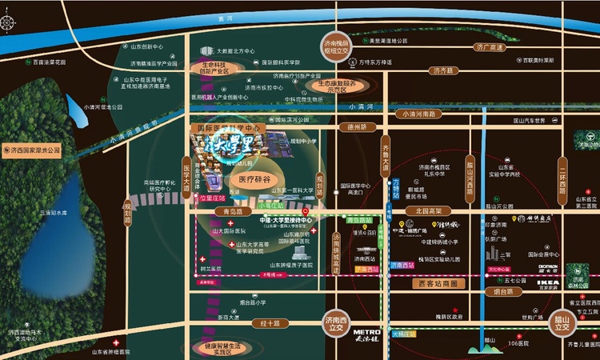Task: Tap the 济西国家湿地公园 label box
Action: tap(33, 150)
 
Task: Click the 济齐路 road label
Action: tap(442, 70)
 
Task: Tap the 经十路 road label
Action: tap(269, 323)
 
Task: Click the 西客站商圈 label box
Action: tap(436, 283)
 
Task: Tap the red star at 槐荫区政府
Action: tap(455, 310)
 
